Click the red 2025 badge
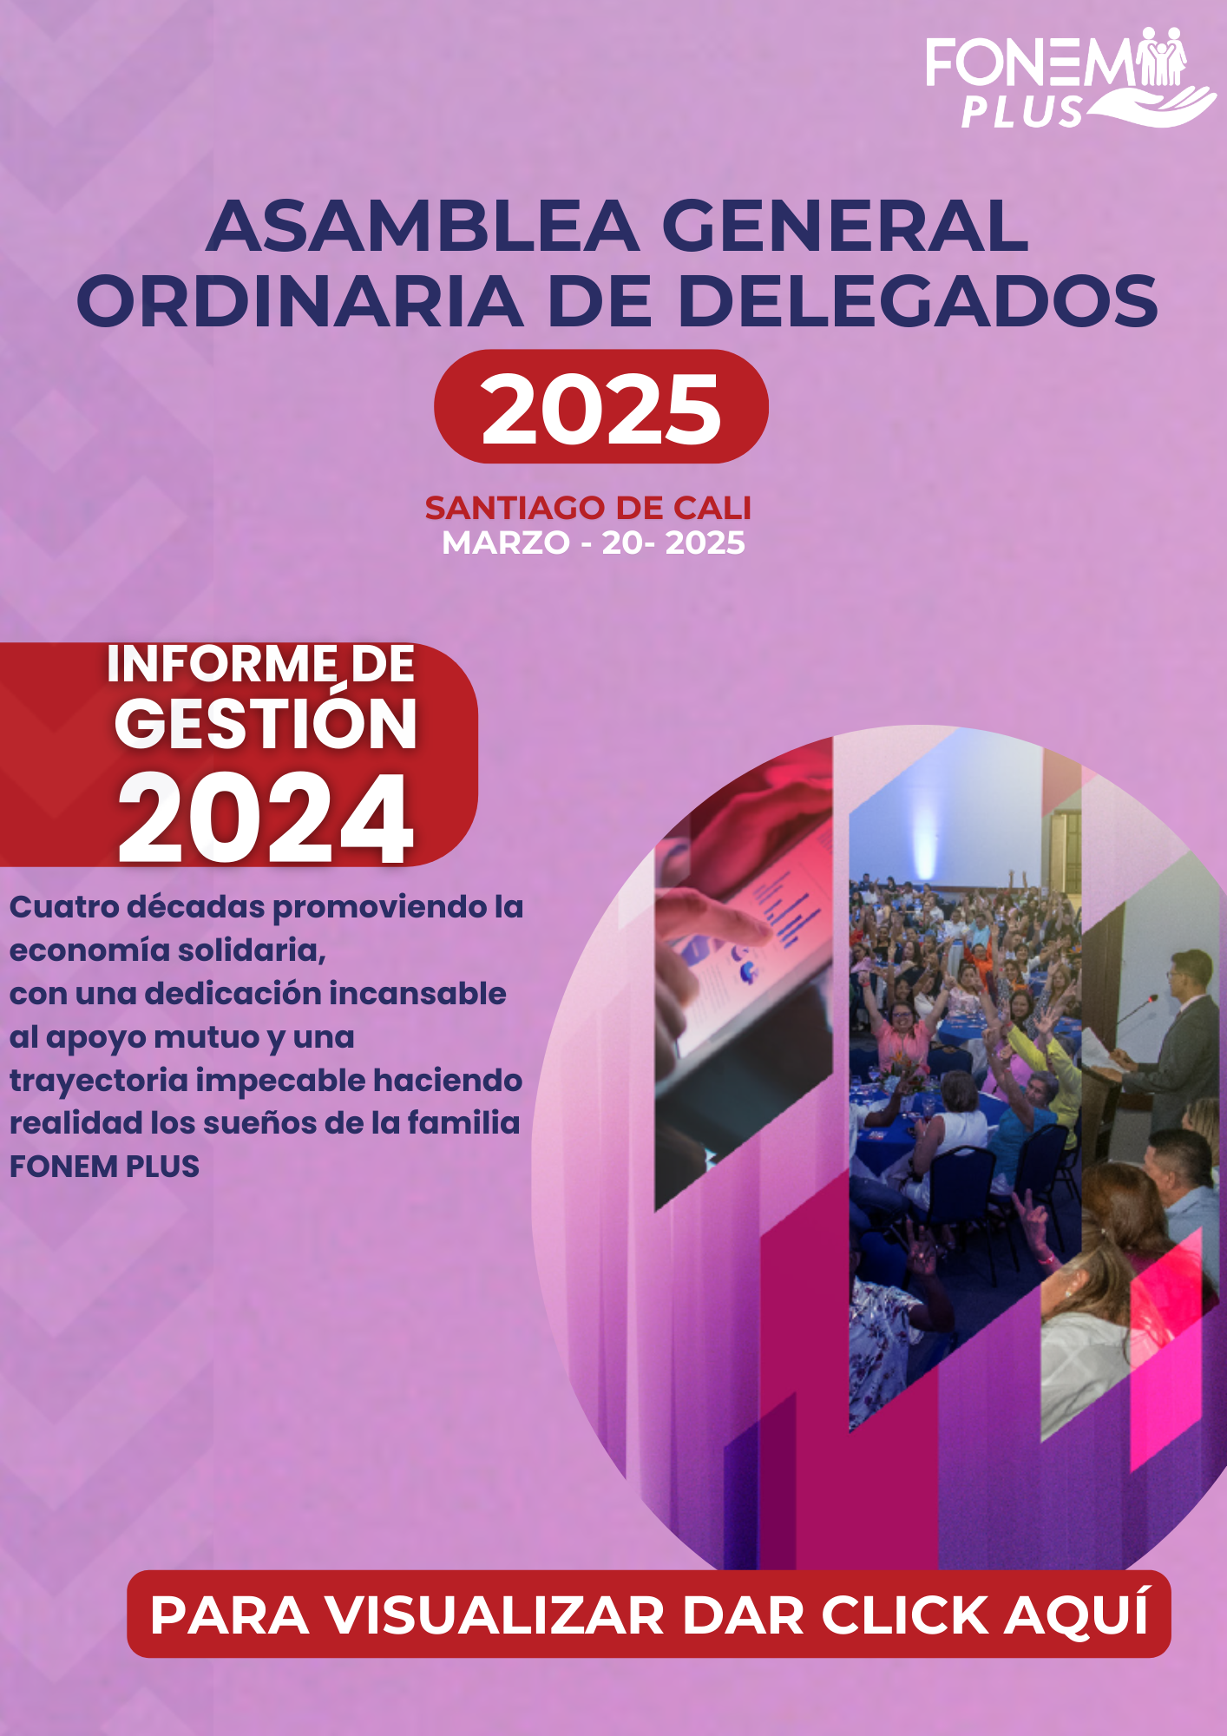pos(601,406)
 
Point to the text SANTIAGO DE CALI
pos(588,508)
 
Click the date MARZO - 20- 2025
pos(594,543)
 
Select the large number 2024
pos(266,819)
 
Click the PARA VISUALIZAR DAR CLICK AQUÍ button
pos(649,1614)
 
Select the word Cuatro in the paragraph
pos(63,907)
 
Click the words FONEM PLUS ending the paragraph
pos(104,1167)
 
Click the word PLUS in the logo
pos(1022,112)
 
